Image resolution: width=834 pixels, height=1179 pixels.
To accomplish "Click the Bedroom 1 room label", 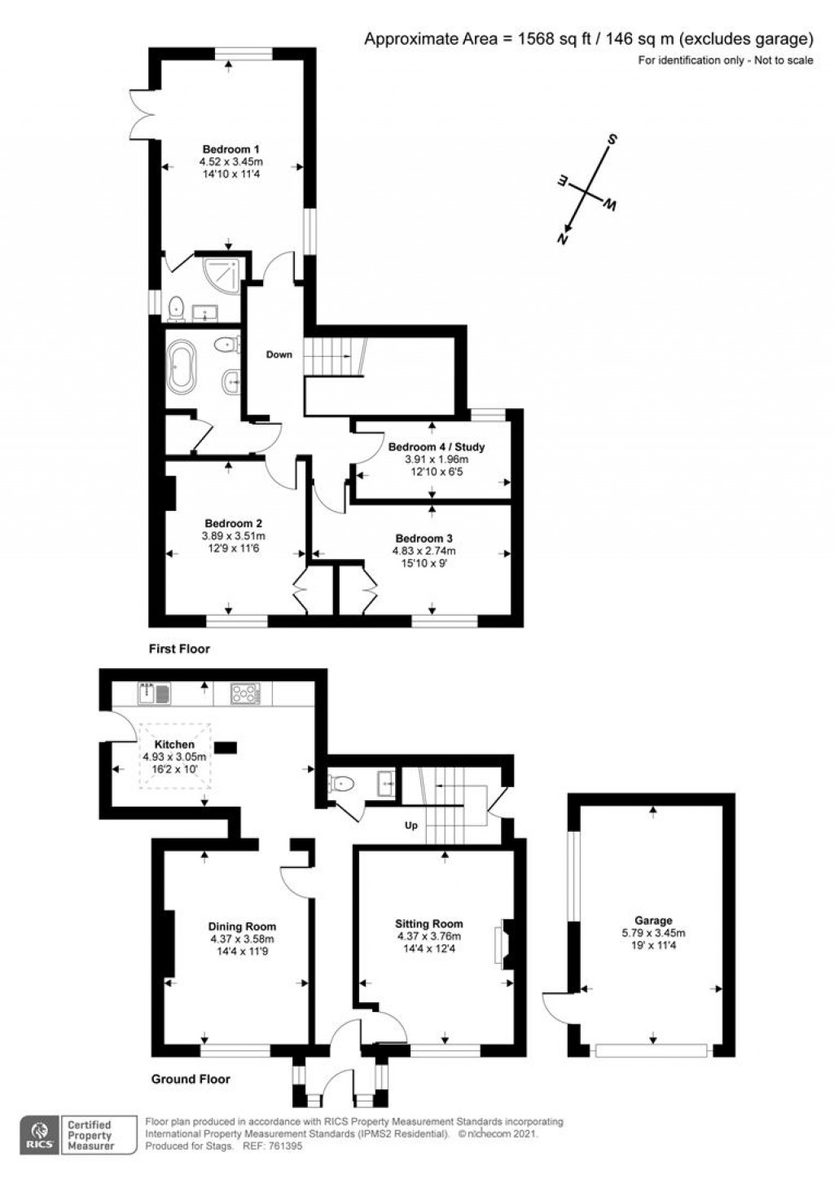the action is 231,149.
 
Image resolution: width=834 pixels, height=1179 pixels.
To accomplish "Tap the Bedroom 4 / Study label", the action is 437,447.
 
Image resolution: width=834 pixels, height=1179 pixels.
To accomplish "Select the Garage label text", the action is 653,921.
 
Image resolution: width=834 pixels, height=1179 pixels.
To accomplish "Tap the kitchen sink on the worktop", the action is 154,693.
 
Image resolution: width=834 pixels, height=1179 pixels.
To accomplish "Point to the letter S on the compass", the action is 612,139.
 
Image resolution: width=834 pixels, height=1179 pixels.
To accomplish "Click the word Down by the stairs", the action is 279,354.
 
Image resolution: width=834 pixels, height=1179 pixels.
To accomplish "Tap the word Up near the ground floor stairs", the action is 411,825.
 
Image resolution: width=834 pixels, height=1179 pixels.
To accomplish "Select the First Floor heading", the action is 179,649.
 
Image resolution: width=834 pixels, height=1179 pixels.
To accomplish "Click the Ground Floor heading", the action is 191,1080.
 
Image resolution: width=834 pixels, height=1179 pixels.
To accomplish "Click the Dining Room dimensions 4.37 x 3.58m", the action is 242,939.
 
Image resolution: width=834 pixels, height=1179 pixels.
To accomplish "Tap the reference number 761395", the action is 285,1146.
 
